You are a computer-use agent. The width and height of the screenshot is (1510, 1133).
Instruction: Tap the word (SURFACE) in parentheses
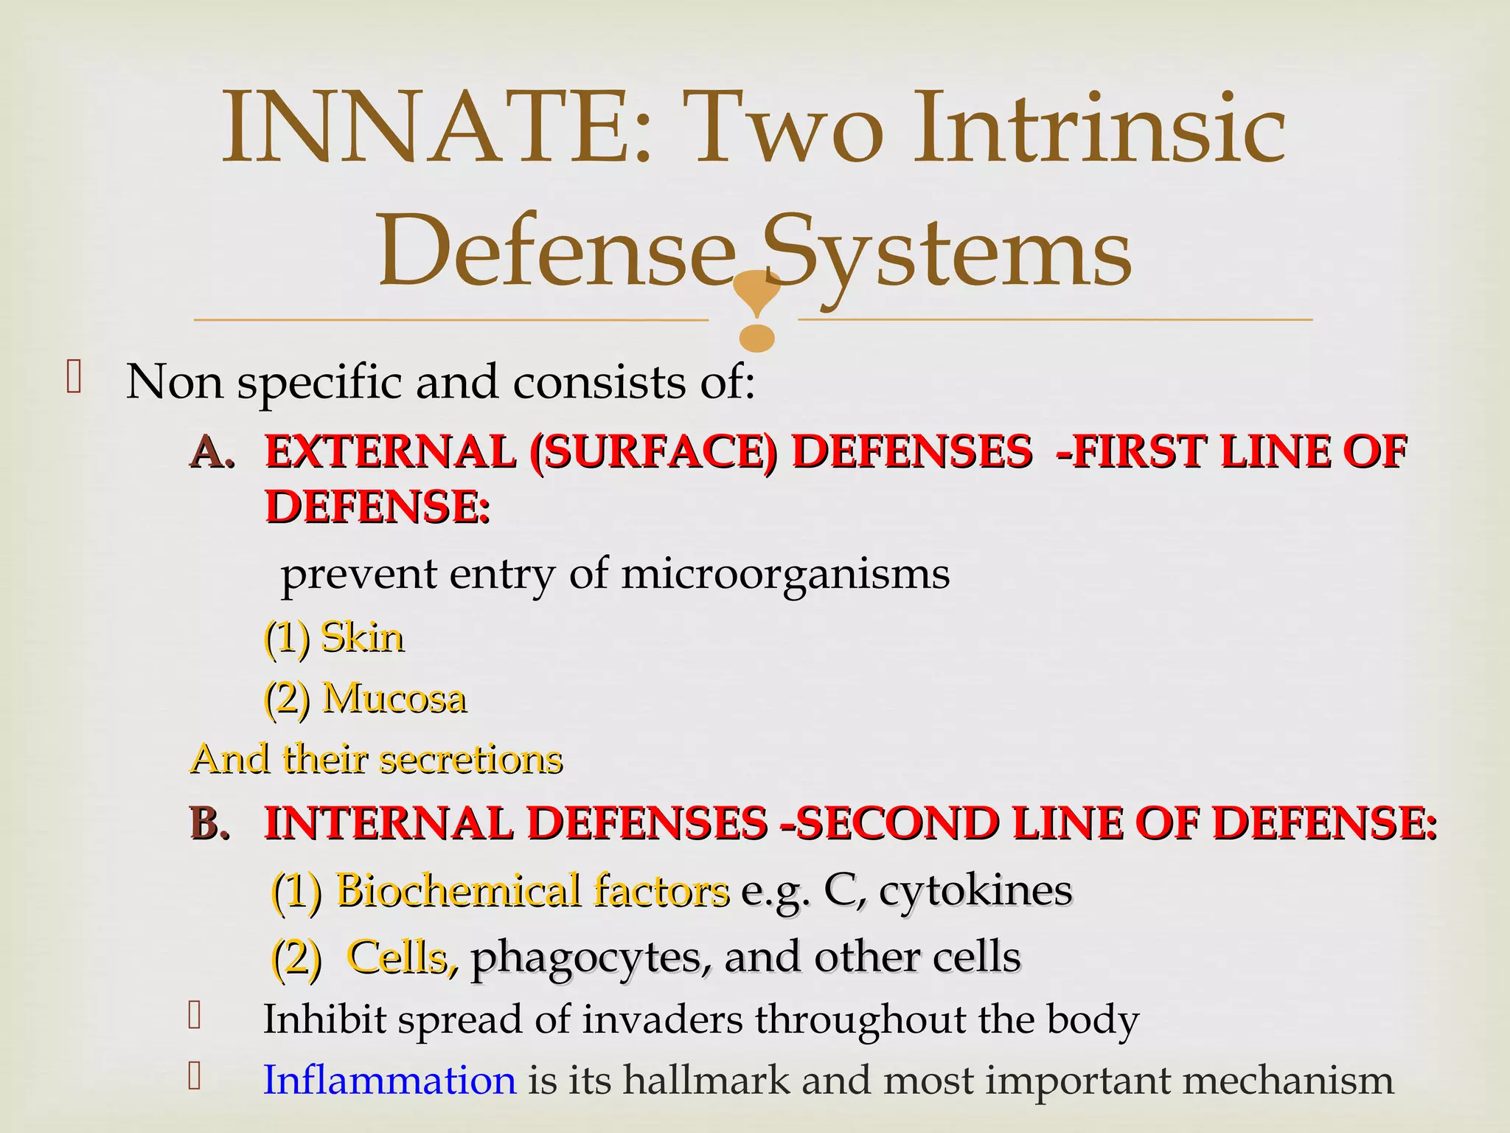pyautogui.click(x=653, y=452)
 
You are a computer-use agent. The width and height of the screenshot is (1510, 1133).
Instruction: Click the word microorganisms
pyautogui.click(x=785, y=574)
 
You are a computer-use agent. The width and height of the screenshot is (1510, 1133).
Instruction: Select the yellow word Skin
pyautogui.click(x=362, y=637)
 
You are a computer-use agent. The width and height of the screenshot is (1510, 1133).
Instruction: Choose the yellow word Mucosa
pyautogui.click(x=394, y=698)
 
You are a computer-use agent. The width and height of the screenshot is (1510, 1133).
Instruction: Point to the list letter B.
pyautogui.click(x=210, y=823)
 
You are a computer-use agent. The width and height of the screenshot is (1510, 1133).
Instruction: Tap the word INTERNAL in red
pyautogui.click(x=388, y=823)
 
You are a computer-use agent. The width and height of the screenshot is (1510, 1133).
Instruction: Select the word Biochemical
pyautogui.click(x=457, y=890)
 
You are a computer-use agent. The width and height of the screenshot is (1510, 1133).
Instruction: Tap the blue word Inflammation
pyautogui.click(x=389, y=1081)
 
